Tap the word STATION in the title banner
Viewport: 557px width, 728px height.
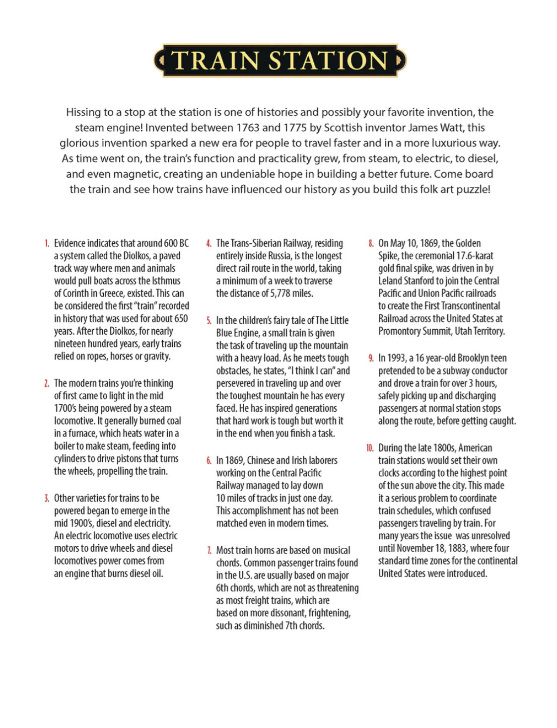[329, 61]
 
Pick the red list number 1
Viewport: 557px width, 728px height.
[47, 243]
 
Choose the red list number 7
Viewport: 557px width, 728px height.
[209, 550]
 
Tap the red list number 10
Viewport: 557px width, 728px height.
[370, 448]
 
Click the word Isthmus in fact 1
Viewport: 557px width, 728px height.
[166, 281]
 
